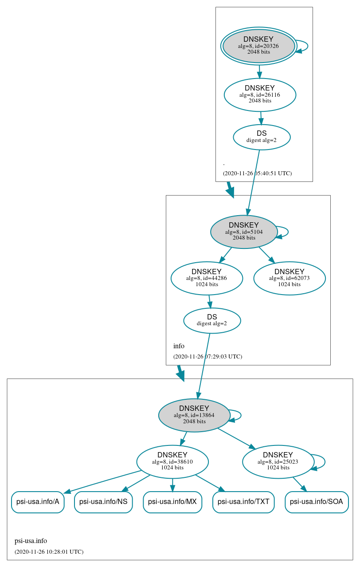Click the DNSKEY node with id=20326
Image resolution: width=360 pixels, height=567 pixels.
[x=258, y=46]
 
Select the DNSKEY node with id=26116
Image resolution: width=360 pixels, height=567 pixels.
[x=260, y=94]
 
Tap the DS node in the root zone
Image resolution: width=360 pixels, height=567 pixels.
[x=262, y=137]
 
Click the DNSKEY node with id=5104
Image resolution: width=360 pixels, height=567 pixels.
[x=244, y=232]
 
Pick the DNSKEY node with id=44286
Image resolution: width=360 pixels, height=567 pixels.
[x=207, y=278]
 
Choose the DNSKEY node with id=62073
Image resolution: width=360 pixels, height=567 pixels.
[x=290, y=278]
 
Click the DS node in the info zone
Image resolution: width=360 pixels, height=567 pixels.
[x=212, y=320]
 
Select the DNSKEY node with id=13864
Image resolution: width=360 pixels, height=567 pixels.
[x=194, y=415]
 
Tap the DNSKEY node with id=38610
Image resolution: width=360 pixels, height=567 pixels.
[x=172, y=461]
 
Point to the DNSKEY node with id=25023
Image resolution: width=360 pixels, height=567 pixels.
[x=278, y=461]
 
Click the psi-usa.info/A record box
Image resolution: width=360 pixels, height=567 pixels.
[x=38, y=502]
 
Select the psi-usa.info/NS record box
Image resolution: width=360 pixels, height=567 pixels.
[x=103, y=502]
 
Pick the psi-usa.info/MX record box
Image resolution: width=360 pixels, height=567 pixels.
[x=172, y=502]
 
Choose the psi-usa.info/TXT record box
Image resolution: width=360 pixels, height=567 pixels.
[x=243, y=502]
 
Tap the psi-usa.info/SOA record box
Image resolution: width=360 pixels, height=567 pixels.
[x=317, y=502]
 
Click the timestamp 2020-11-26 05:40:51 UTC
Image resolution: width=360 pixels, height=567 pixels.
[x=257, y=173]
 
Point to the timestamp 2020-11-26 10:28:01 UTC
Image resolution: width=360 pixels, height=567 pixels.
[x=49, y=552]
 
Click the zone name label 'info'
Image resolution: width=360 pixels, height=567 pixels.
[x=179, y=346]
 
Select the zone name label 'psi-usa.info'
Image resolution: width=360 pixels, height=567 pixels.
[x=31, y=541]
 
